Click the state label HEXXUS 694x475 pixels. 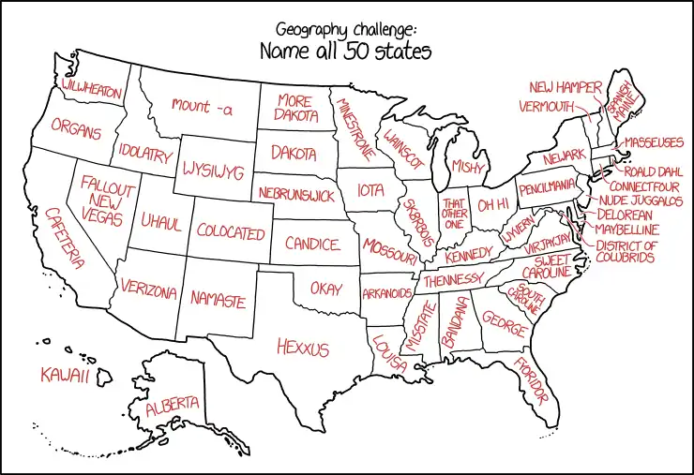303,349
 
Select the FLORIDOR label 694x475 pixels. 529,379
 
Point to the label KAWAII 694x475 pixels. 64,376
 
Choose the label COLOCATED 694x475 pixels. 231,232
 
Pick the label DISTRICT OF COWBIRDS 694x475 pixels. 626,251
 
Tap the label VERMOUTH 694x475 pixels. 545,106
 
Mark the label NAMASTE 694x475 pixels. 218,300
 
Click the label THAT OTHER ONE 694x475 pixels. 455,214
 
